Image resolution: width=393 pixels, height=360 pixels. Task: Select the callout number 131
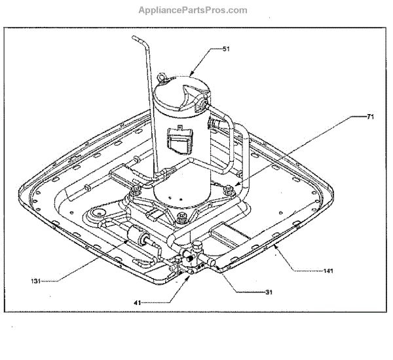pyautogui.click(x=38, y=281)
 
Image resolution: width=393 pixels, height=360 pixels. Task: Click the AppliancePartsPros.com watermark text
pyautogui.click(x=193, y=10)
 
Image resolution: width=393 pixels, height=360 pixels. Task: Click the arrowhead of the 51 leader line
pyautogui.click(x=189, y=74)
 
